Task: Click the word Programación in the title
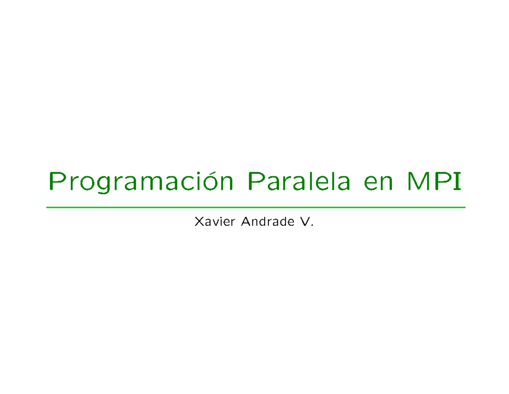point(140,182)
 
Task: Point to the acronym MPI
point(433,182)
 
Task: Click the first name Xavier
point(214,221)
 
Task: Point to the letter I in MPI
point(457,182)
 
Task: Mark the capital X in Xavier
point(198,221)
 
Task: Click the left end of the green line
point(47,207)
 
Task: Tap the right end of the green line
point(465,207)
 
